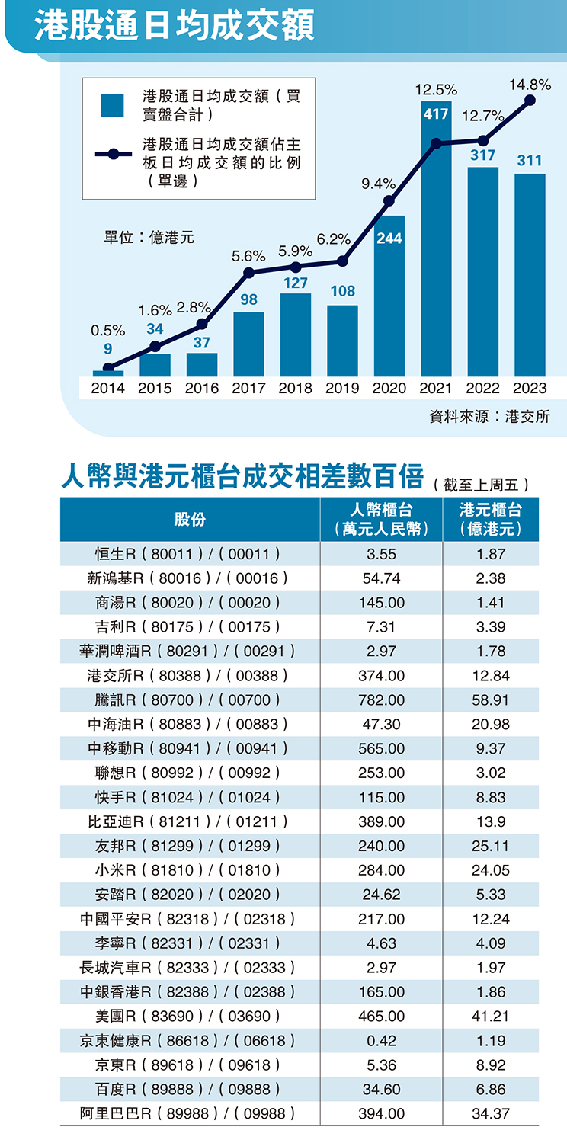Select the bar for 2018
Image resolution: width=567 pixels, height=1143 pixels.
(x=296, y=335)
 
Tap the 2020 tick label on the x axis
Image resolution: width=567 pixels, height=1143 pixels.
(x=389, y=388)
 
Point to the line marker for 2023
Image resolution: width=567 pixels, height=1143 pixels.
(x=530, y=101)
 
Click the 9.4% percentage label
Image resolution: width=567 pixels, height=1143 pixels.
(x=378, y=184)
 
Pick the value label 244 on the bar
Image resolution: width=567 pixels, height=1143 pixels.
(x=389, y=239)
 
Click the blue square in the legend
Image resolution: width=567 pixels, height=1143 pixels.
(x=112, y=106)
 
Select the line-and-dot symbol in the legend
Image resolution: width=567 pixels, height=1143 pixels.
(x=112, y=154)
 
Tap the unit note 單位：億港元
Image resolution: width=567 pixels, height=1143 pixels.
(x=149, y=238)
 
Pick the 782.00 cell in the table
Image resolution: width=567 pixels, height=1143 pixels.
(x=381, y=700)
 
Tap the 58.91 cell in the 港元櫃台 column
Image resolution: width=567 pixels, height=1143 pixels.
(x=491, y=700)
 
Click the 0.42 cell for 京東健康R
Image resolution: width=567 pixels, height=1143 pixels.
(x=381, y=1041)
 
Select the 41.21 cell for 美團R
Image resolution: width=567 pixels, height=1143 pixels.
(x=491, y=1017)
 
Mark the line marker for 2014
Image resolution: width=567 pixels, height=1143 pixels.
(x=108, y=368)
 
